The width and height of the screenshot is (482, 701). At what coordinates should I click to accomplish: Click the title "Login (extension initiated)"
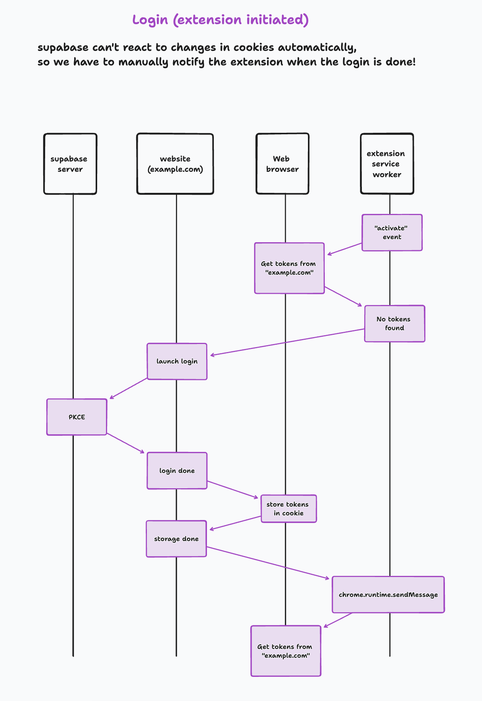(x=220, y=20)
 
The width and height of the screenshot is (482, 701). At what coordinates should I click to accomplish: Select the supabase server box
(x=70, y=164)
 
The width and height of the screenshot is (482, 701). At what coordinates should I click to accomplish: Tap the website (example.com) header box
(x=175, y=164)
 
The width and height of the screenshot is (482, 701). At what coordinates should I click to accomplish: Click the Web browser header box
(x=282, y=164)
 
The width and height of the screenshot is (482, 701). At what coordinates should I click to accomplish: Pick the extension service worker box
(x=387, y=164)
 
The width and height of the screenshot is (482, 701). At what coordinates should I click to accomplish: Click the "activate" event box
(x=392, y=233)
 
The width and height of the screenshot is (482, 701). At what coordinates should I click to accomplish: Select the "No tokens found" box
(x=394, y=324)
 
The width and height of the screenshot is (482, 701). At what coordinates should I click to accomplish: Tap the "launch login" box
(x=177, y=362)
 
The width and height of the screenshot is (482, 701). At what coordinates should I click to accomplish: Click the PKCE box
(x=77, y=417)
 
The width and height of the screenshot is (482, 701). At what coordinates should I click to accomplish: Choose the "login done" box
(x=177, y=471)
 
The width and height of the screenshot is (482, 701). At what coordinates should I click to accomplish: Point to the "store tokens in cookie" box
(x=288, y=509)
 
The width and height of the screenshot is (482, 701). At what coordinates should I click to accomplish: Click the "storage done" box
(x=176, y=539)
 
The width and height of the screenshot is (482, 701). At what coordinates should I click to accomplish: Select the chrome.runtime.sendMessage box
(x=388, y=595)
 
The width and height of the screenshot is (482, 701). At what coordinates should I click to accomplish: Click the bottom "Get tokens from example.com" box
(x=285, y=651)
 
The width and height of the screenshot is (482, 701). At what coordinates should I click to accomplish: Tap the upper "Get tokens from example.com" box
(x=289, y=268)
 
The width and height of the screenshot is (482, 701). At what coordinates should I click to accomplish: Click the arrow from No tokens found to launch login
(x=287, y=342)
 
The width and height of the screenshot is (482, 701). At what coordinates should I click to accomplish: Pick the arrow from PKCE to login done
(x=125, y=443)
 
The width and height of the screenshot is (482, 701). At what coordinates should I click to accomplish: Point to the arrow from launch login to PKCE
(x=129, y=388)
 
